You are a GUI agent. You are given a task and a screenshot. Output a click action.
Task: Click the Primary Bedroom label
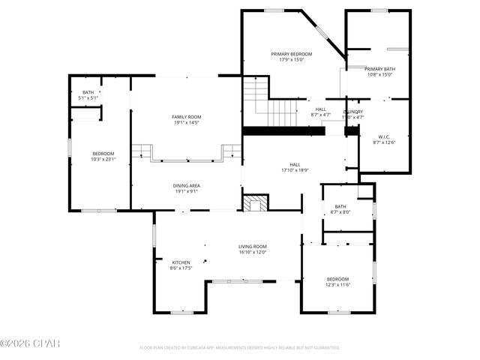[x=292, y=54]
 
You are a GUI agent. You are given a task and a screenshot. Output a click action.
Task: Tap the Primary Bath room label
[x=380, y=69]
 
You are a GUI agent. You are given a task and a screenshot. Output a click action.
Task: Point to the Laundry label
[x=352, y=112]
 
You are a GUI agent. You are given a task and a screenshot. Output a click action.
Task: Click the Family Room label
[x=186, y=117]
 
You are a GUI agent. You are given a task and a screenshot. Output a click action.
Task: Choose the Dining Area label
[x=186, y=185]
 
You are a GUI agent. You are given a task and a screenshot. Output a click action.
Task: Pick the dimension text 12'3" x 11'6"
[x=338, y=285]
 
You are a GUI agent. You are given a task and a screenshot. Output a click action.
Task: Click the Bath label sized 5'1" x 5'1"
[x=88, y=92]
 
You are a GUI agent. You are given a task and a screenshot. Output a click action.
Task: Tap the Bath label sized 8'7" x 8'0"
[x=340, y=207]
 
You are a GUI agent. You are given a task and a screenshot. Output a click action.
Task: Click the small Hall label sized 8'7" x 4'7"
[x=320, y=109]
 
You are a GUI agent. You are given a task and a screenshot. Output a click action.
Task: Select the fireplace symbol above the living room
[x=256, y=202]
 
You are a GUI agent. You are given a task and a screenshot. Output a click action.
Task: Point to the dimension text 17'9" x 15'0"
[x=292, y=60]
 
